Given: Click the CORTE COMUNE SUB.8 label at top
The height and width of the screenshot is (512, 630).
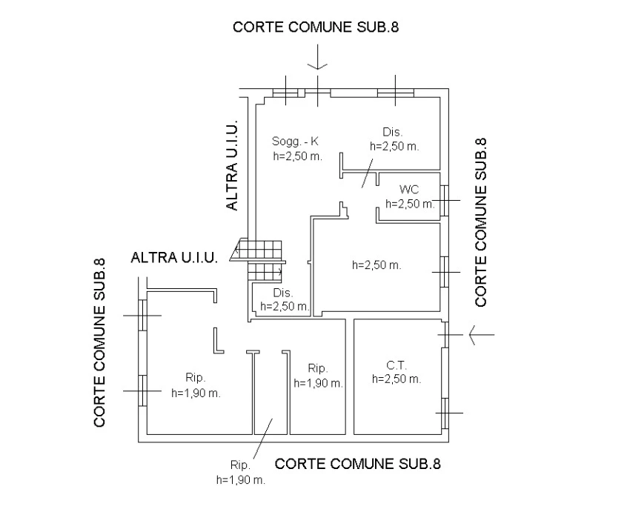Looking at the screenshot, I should (x=321, y=27).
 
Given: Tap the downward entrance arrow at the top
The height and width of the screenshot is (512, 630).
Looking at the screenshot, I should (x=317, y=58).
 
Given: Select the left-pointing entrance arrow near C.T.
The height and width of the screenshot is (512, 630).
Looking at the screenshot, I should (x=480, y=336).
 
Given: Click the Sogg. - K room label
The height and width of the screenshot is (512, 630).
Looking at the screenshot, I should (x=296, y=142).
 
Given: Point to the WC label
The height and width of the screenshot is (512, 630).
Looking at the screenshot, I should (x=409, y=190).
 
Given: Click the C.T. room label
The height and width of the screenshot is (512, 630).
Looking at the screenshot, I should (x=397, y=365).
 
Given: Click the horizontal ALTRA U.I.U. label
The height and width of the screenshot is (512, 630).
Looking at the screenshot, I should (x=173, y=259).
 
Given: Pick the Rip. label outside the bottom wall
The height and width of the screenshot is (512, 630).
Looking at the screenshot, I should (x=239, y=465).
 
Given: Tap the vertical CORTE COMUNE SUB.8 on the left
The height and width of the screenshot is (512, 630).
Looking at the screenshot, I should (x=100, y=342).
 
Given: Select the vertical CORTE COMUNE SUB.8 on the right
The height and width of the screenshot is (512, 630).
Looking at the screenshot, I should (x=481, y=222).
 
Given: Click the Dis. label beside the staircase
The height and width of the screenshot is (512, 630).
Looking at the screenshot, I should (x=281, y=292).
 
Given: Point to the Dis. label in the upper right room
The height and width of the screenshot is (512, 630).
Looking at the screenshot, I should (x=393, y=133).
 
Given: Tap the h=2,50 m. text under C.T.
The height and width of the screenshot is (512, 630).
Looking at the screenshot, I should (x=397, y=379).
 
